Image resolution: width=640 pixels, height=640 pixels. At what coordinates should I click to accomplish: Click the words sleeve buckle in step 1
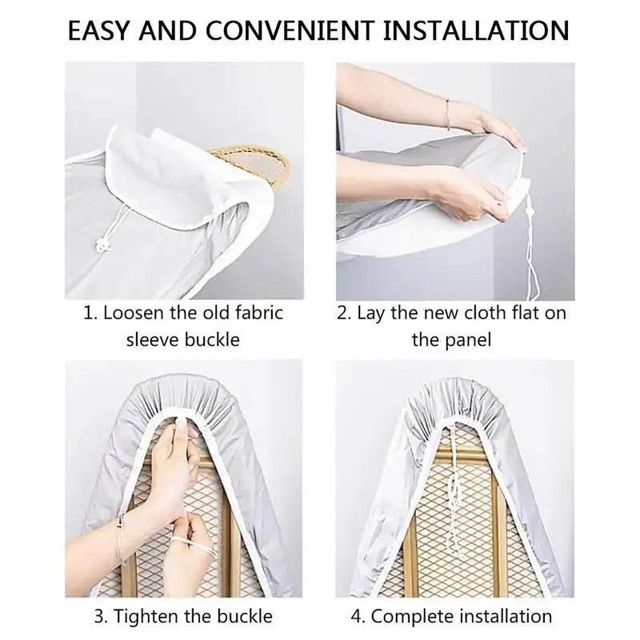[x=183, y=339]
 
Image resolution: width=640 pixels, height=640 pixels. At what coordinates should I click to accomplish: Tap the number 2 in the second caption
[x=344, y=313]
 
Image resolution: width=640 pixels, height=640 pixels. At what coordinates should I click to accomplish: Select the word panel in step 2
[x=467, y=339]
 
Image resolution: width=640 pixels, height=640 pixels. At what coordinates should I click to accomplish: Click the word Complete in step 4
[x=409, y=616]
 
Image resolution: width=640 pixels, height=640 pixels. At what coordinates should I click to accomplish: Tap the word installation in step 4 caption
[x=502, y=616]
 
